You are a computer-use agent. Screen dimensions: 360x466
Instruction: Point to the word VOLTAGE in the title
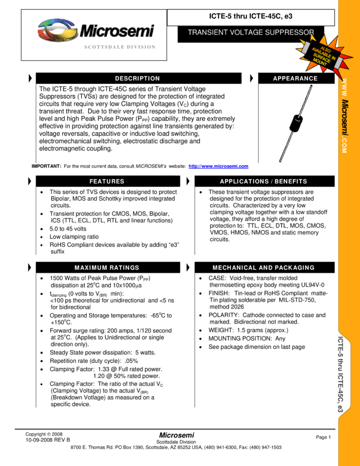pyautogui.click(x=250, y=32)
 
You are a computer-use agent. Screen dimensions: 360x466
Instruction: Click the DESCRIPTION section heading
pyautogui.click(x=137, y=78)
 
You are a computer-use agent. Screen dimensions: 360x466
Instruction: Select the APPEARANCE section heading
pyautogui.click(x=295, y=78)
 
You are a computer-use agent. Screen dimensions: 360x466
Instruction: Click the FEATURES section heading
pyautogui.click(x=107, y=181)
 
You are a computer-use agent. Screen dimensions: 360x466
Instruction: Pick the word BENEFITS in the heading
pyautogui.click(x=291, y=181)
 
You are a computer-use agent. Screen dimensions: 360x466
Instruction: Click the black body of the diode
pyautogui.click(x=296, y=122)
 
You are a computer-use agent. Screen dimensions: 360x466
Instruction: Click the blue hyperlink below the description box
pyautogui.click(x=218, y=167)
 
